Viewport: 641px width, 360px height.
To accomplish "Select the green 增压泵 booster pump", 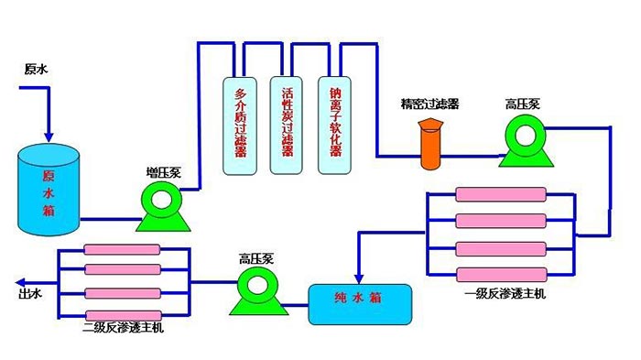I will (x=162, y=203).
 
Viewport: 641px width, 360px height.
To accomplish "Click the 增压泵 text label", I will (x=161, y=171).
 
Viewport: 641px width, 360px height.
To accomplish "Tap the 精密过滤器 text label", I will (x=429, y=104).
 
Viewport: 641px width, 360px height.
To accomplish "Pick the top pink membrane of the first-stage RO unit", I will (x=501, y=195).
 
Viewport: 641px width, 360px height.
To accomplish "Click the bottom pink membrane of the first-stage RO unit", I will (x=501, y=273).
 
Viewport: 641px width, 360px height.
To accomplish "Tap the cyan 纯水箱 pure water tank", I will (x=359, y=303).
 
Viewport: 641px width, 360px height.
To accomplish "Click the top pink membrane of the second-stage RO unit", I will (x=123, y=249).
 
